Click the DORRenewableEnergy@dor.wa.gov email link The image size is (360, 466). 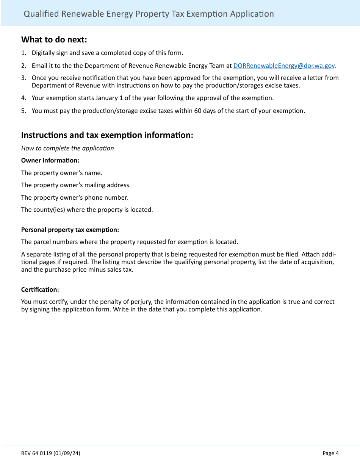pyautogui.click(x=284, y=66)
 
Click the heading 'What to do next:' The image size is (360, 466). pyautogui.click(x=54, y=39)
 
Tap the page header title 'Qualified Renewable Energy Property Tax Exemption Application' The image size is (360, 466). pyautogui.click(x=149, y=14)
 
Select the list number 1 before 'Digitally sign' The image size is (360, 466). pyautogui.click(x=23, y=53)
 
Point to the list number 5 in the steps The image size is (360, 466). pyautogui.click(x=23, y=111)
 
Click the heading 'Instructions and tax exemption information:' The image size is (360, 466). pyautogui.click(x=107, y=135)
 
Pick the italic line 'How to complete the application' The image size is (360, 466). pyautogui.click(x=67, y=148)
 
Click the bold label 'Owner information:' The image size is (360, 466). pyautogui.click(x=50, y=160)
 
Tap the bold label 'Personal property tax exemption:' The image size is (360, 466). pyautogui.click(x=70, y=230)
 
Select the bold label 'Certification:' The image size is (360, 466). pyautogui.click(x=40, y=289)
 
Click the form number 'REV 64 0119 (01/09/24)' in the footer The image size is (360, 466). pyautogui.click(x=50, y=453)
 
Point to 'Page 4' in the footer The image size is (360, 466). pyautogui.click(x=330, y=453)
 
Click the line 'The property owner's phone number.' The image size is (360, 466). pyautogui.click(x=75, y=197)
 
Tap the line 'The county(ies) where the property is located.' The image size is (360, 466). pyautogui.click(x=87, y=210)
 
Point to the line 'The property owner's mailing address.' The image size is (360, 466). pyautogui.click(x=76, y=185)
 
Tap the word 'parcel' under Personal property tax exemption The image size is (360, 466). pyautogui.click(x=42, y=242)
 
